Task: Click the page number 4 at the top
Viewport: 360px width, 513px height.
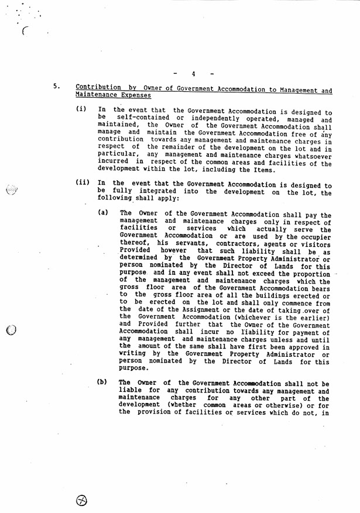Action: pos(193,74)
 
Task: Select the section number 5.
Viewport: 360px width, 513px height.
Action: pos(56,87)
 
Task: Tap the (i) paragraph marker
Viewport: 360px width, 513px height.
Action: pos(81,109)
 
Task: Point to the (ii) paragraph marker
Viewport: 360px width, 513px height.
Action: pos(83,183)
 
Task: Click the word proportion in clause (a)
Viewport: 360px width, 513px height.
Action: pos(310,273)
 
